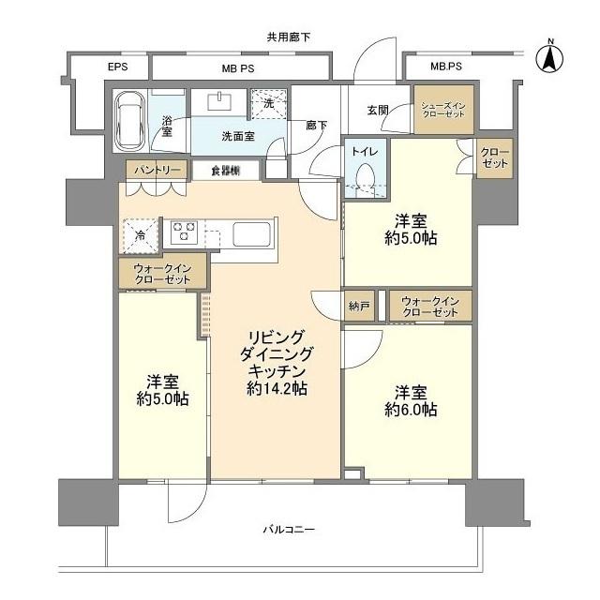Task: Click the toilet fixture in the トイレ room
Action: pyautogui.click(x=364, y=175)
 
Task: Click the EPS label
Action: pyautogui.click(x=116, y=67)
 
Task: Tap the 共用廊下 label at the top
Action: pyautogui.click(x=288, y=37)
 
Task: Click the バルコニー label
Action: pyautogui.click(x=288, y=531)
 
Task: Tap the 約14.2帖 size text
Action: pyautogui.click(x=277, y=388)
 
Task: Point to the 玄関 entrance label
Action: pyautogui.click(x=377, y=111)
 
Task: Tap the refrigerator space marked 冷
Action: pyautogui.click(x=139, y=236)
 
